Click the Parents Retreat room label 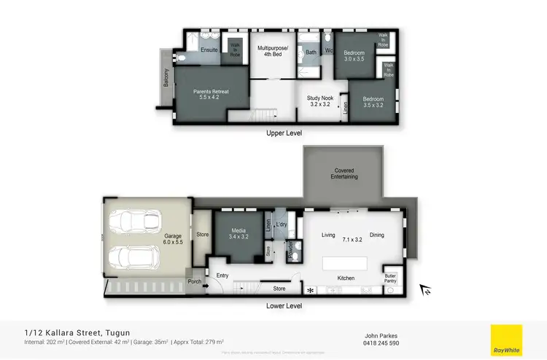click(211, 95)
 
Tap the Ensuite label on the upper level click(209, 50)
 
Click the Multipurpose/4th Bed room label click(273, 51)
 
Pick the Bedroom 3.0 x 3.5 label click(354, 55)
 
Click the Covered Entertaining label click(344, 173)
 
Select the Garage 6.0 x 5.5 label click(172, 239)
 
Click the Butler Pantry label click(390, 278)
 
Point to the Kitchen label click(346, 278)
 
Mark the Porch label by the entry click(195, 282)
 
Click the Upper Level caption click(284, 133)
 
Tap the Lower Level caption click(284, 307)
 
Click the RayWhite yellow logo click(507, 340)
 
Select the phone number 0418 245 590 click(382, 343)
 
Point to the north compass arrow click(425, 290)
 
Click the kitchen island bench click(346, 262)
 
